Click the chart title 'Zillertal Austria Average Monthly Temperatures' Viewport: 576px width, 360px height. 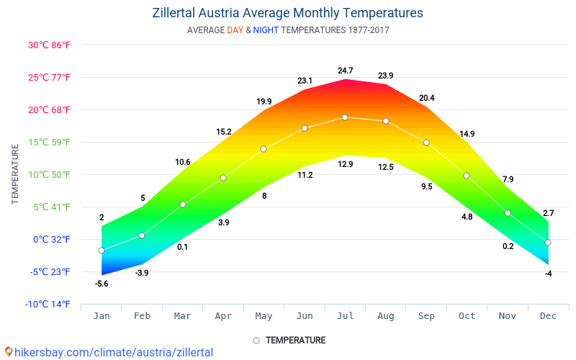tap(288, 13)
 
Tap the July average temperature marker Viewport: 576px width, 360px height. tap(345, 117)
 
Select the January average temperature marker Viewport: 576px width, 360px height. tap(102, 251)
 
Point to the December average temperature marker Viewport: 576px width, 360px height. tap(548, 243)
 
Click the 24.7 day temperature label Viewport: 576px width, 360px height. tap(346, 71)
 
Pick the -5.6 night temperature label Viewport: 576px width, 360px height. tap(102, 284)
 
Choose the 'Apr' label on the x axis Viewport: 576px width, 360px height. tap(223, 315)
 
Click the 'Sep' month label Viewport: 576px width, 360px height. tap(426, 315)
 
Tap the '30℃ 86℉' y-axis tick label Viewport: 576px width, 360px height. tap(49, 45)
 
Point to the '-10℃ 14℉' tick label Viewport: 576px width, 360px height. tap(48, 304)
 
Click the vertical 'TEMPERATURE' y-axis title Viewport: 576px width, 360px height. tap(15, 174)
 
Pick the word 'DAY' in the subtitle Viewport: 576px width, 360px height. tap(235, 30)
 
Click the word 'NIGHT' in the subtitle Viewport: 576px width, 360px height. tap(266, 30)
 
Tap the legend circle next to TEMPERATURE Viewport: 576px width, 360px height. tap(256, 341)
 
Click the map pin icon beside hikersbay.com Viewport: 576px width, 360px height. tap(8, 352)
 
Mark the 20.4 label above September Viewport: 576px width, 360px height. tap(426, 98)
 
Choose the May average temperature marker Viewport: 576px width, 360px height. tap(264, 149)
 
